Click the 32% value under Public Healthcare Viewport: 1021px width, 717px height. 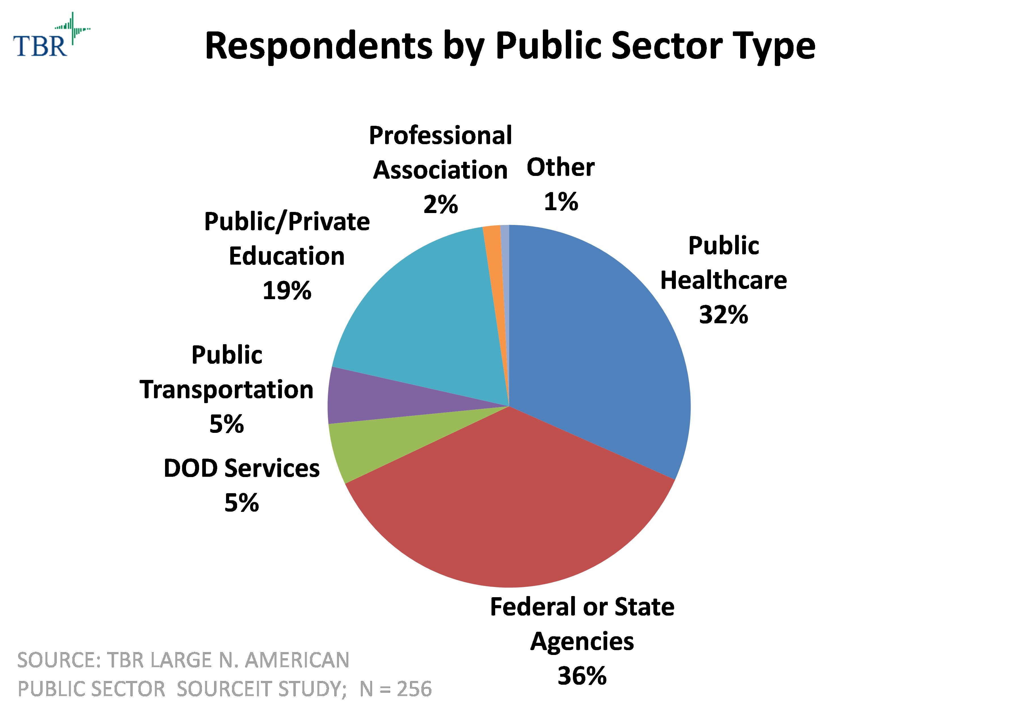[x=723, y=314]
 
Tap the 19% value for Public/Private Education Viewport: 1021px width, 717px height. [x=287, y=291]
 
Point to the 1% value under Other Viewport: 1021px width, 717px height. [x=561, y=202]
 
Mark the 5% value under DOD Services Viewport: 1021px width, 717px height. [x=241, y=503]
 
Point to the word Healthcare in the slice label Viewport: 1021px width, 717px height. [x=723, y=280]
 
